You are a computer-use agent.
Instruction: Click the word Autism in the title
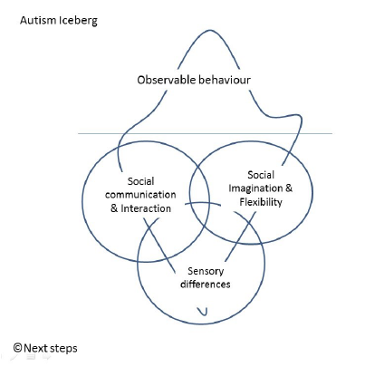point(38,20)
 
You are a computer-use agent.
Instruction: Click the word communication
point(140,195)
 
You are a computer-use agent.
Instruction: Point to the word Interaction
point(146,208)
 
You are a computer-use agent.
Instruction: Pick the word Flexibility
point(261,202)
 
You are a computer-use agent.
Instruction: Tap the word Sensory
point(206,271)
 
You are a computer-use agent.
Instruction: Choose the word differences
point(206,285)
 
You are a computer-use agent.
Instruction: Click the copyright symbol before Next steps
point(17,348)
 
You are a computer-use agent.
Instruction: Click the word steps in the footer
point(63,349)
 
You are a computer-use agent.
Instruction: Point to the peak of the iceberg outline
point(209,30)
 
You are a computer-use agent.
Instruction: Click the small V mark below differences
point(203,312)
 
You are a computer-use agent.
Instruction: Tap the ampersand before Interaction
point(114,208)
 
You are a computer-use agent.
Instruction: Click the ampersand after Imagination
point(289,188)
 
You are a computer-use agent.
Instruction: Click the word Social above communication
point(140,181)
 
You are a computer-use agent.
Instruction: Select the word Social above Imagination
point(261,175)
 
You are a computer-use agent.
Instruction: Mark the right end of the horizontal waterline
point(332,133)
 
